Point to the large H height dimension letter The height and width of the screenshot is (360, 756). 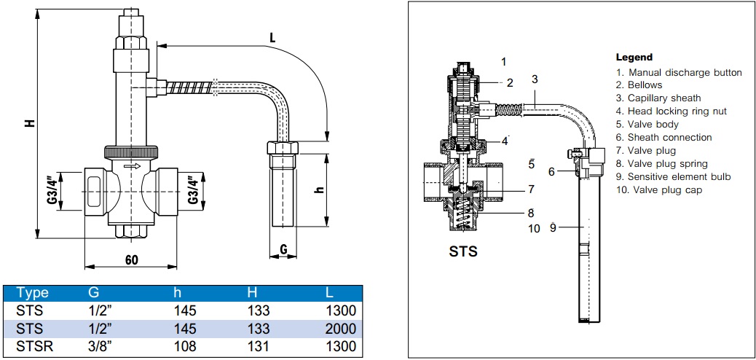coord(29,123)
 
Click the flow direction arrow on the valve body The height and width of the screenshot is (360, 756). coord(133,167)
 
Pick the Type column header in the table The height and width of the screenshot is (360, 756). coord(32,293)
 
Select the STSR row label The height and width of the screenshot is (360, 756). coord(35,347)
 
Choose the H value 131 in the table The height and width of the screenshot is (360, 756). coord(258,347)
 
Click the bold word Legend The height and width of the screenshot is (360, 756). coord(634,57)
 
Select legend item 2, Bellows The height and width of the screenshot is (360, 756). coord(639,85)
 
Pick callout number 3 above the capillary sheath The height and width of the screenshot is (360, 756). coord(535,79)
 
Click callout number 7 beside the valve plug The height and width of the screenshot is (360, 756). coord(531,189)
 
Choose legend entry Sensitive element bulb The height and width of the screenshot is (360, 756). coord(673,177)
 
